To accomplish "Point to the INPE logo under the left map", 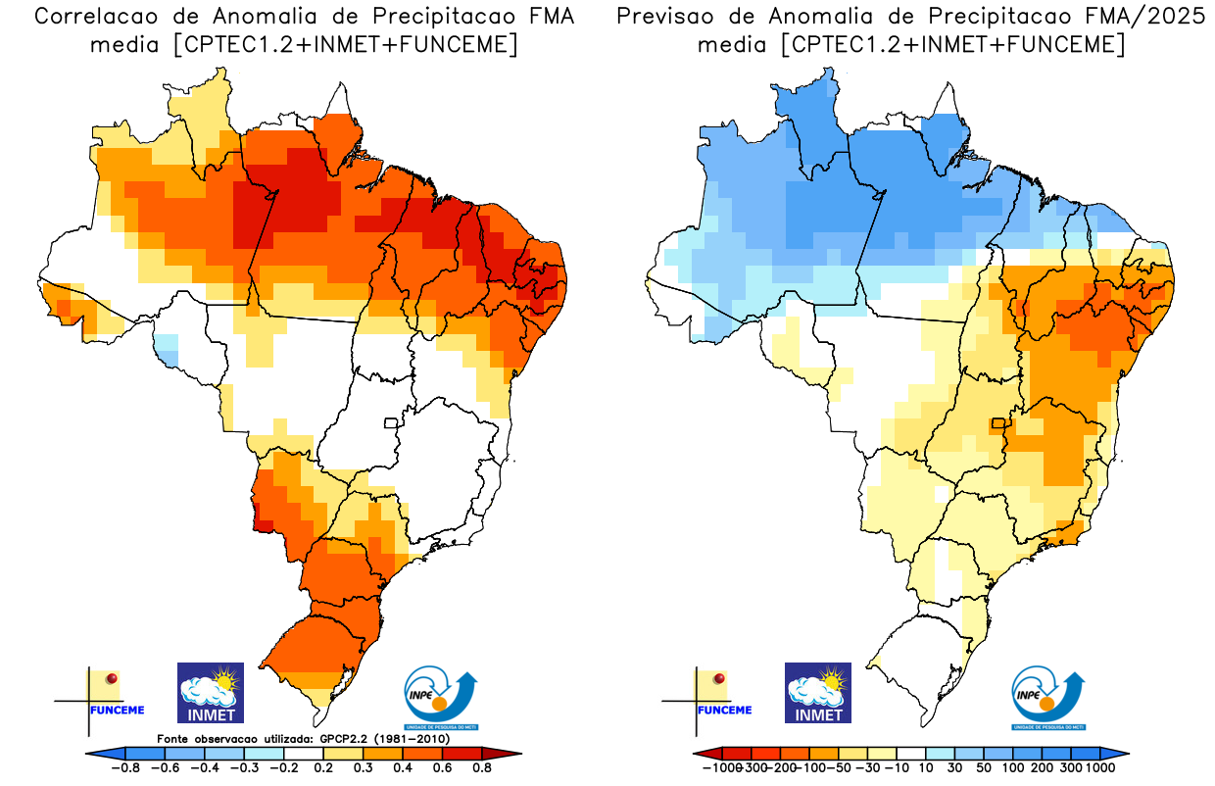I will pyautogui.click(x=441, y=697).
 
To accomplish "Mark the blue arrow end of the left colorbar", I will pyautogui.click(x=94, y=753).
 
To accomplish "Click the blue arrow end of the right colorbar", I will pyautogui.click(x=1121, y=753).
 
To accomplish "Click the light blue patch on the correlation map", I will pyautogui.click(x=168, y=349).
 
